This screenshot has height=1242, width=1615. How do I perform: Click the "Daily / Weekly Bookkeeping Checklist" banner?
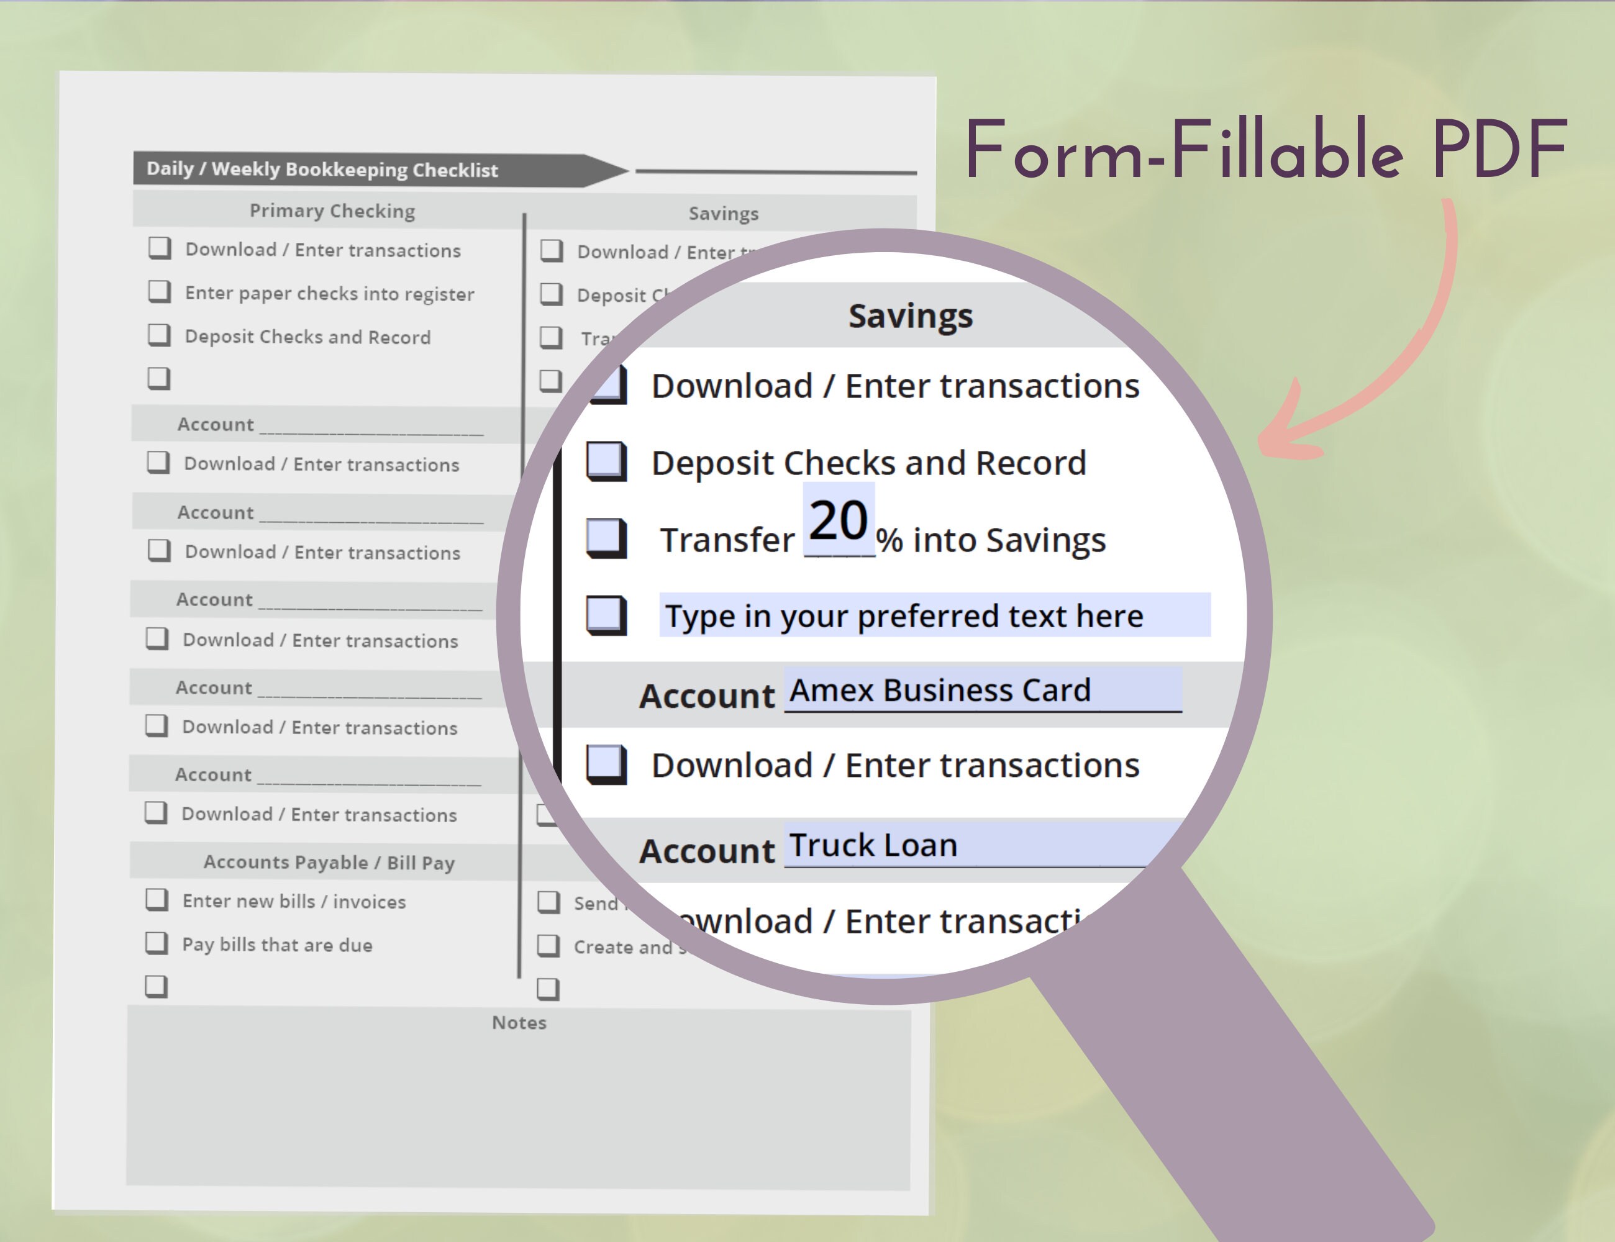(322, 170)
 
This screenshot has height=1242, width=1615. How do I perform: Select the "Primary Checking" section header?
(332, 211)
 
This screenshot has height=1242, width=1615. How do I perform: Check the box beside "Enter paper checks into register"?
(159, 291)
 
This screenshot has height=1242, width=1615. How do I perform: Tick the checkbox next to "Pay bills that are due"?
(156, 943)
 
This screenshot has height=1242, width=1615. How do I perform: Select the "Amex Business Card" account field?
(982, 690)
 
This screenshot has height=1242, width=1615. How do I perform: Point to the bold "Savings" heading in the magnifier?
(910, 315)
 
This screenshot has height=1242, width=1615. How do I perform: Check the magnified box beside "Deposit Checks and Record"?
(606, 462)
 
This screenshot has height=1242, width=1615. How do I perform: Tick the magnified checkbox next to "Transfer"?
(606, 538)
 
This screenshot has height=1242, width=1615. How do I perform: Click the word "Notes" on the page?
(519, 1022)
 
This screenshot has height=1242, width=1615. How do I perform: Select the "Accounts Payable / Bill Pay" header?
(329, 862)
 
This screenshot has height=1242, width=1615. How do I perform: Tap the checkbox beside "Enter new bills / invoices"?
(156, 900)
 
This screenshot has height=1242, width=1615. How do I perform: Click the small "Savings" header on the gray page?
(723, 214)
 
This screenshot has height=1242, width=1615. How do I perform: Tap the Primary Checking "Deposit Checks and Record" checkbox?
(159, 335)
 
